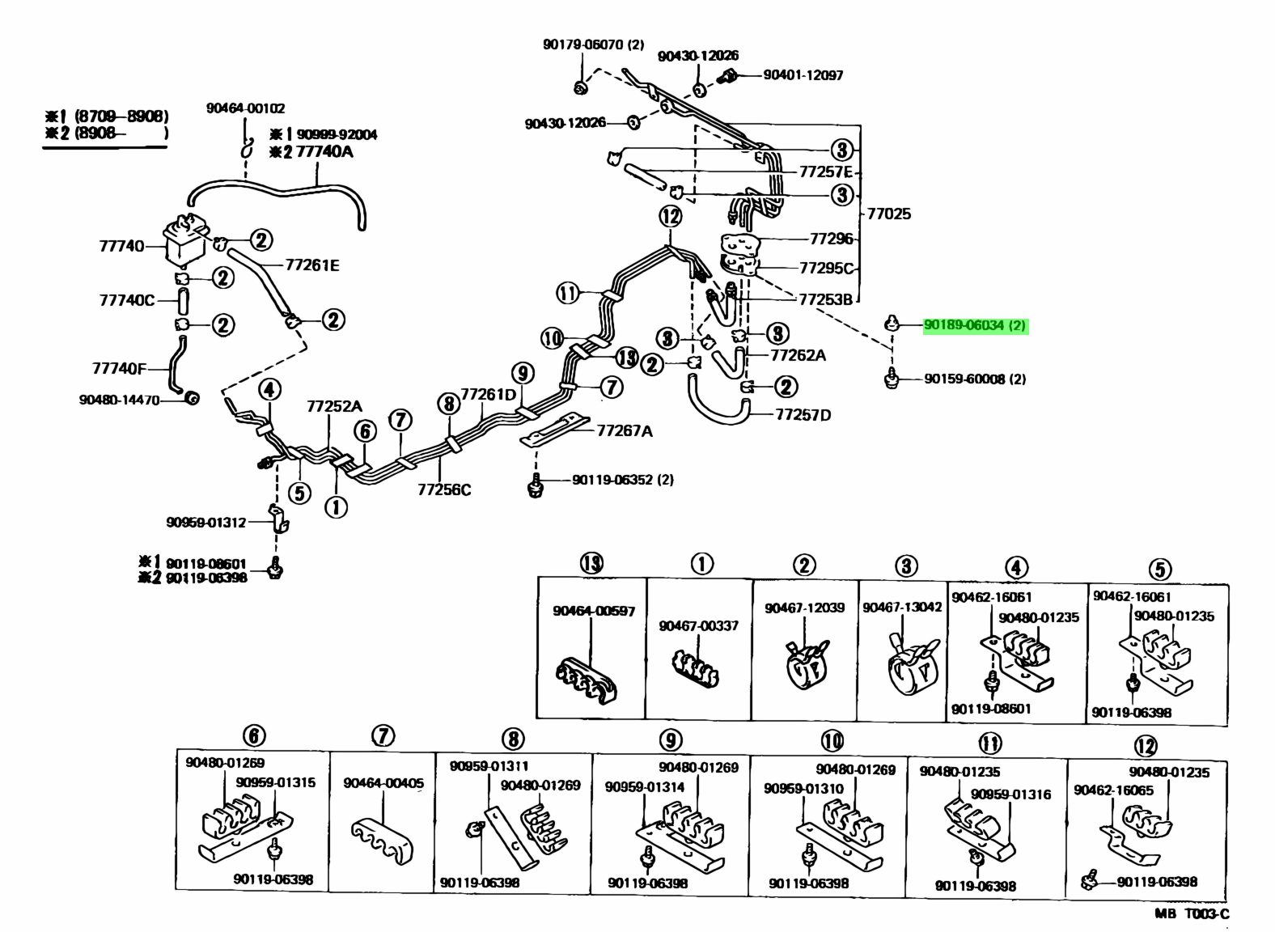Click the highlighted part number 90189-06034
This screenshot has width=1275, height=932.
point(974,325)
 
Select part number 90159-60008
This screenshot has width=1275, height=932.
point(974,379)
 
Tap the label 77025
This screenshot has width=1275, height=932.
point(888,214)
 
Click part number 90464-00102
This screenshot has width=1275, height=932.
point(245,108)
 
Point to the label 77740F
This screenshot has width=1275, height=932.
point(119,369)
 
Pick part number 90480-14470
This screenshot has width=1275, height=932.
point(120,400)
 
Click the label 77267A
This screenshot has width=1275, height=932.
point(625,430)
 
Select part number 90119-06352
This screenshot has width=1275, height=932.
point(622,480)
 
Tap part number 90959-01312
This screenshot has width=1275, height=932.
point(206,523)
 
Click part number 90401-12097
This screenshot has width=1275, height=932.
point(803,75)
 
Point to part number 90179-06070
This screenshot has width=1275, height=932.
point(593,45)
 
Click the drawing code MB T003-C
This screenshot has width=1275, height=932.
point(1191,914)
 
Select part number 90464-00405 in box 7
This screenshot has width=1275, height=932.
point(383,783)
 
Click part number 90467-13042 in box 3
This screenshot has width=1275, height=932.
point(902,607)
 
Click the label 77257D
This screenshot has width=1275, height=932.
point(803,415)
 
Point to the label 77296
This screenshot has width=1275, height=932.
point(832,239)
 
